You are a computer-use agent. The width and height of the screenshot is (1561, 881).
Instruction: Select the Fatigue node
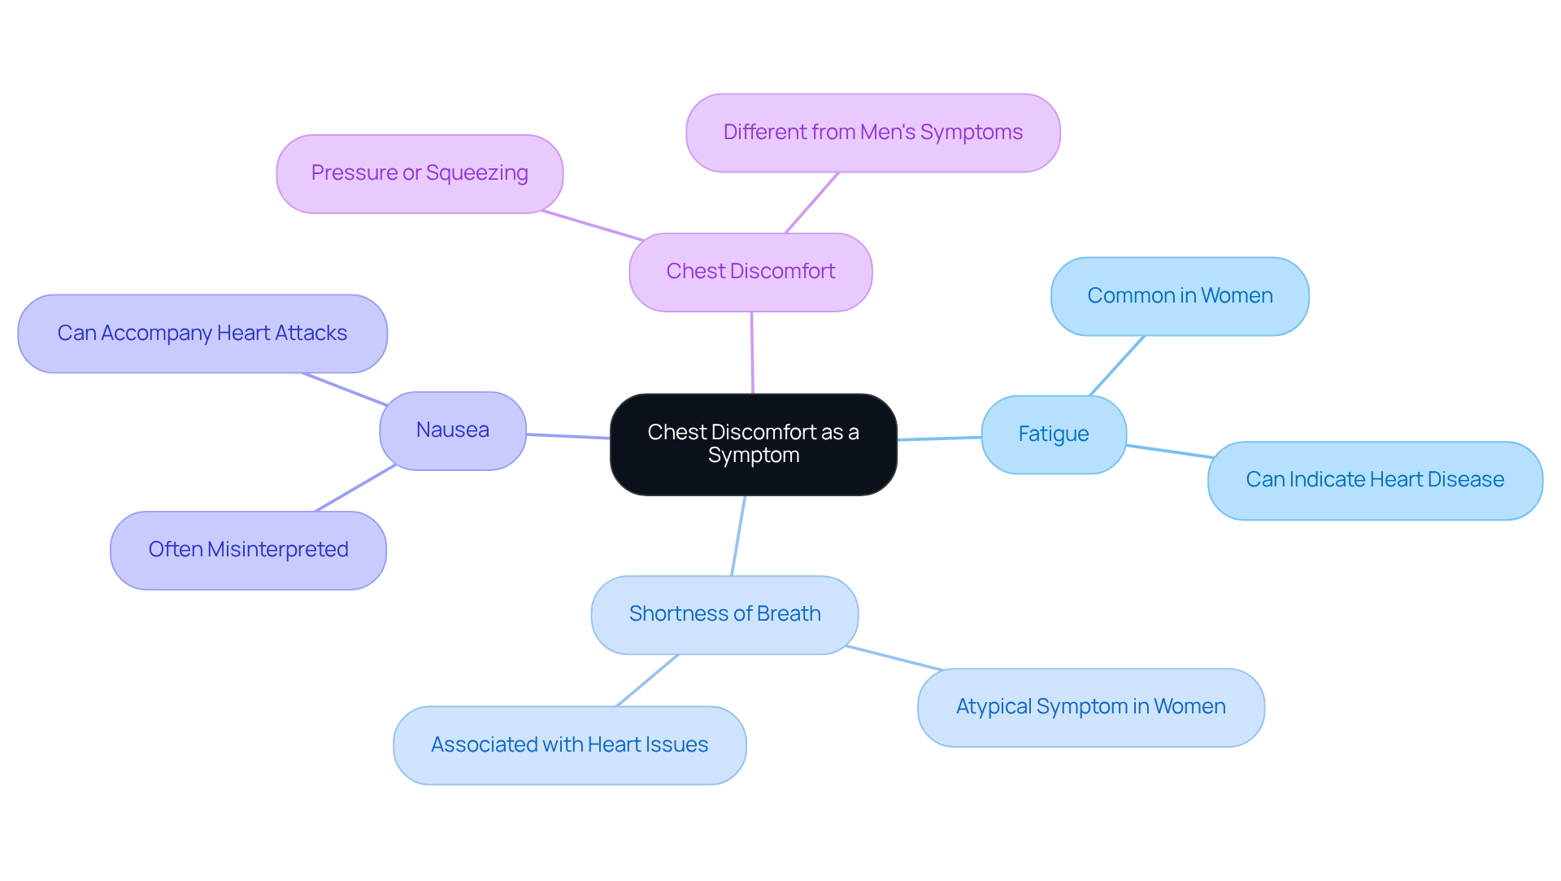[x=1054, y=434]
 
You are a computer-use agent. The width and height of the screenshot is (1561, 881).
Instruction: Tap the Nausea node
[x=453, y=430]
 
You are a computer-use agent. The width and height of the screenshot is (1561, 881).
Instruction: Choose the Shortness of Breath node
[x=724, y=614]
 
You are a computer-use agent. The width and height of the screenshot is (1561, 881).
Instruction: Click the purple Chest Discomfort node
[x=750, y=272]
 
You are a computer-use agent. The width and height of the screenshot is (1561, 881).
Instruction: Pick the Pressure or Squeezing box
[x=420, y=173]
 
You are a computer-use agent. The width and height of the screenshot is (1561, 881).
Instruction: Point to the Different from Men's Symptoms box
[x=872, y=133]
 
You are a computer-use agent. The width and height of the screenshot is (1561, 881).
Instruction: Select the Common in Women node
[x=1180, y=296]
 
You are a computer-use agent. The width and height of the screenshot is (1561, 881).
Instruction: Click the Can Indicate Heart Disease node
[x=1375, y=480]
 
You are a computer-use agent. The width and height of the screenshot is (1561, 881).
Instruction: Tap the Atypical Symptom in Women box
[x=1090, y=707]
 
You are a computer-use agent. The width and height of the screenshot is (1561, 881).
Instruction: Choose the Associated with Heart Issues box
[x=569, y=745]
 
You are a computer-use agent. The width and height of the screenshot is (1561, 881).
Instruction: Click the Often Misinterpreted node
[x=248, y=550]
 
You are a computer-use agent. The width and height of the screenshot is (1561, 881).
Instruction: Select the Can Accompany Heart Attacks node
[x=202, y=334]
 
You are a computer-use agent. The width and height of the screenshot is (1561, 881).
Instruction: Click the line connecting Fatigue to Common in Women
[x=1117, y=366]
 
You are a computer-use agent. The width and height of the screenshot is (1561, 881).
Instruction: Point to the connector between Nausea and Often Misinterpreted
[x=355, y=488]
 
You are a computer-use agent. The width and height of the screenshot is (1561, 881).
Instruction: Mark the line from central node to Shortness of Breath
[x=738, y=535]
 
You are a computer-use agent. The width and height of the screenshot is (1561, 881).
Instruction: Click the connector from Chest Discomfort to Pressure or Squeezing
[x=593, y=225]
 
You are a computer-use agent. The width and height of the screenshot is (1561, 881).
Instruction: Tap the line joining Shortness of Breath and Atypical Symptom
[x=894, y=658]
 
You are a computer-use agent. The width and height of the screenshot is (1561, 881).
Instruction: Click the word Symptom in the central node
[x=753, y=456]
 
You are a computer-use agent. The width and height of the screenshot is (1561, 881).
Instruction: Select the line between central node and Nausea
[x=568, y=436]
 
